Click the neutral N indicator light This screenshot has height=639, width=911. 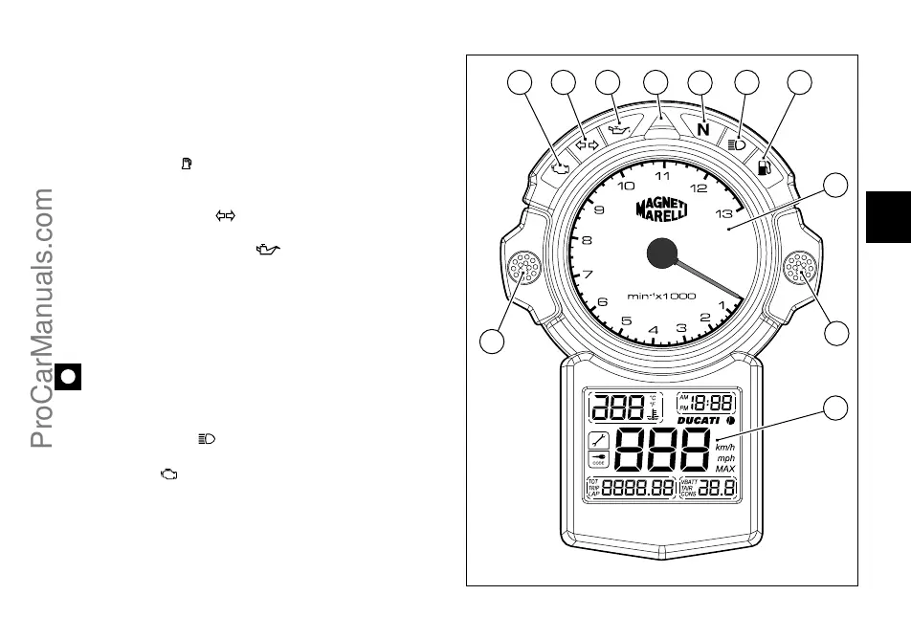pyautogui.click(x=703, y=129)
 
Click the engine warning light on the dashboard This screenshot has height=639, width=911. pyautogui.click(x=561, y=168)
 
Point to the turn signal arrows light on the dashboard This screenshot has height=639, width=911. pyautogui.click(x=587, y=144)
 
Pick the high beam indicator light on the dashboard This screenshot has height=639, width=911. pyautogui.click(x=737, y=144)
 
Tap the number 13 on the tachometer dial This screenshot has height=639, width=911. pyautogui.click(x=723, y=214)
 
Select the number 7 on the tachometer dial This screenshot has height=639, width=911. pyautogui.click(x=588, y=275)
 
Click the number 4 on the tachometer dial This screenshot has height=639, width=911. pyautogui.click(x=654, y=331)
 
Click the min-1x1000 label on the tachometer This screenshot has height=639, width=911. pyautogui.click(x=662, y=296)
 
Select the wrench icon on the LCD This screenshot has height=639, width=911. pyautogui.click(x=598, y=440)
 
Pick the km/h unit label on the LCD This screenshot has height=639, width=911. pyautogui.click(x=725, y=446)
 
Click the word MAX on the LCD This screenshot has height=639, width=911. pyautogui.click(x=725, y=469)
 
